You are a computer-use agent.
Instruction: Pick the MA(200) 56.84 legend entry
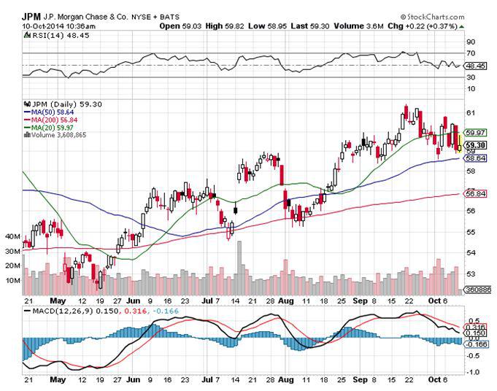click(50, 119)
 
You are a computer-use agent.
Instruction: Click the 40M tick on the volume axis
click(12, 237)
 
